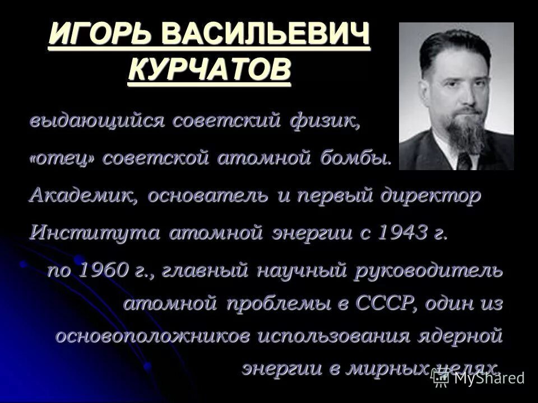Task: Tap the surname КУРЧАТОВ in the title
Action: click(210, 71)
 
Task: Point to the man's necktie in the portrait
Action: click(465, 161)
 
